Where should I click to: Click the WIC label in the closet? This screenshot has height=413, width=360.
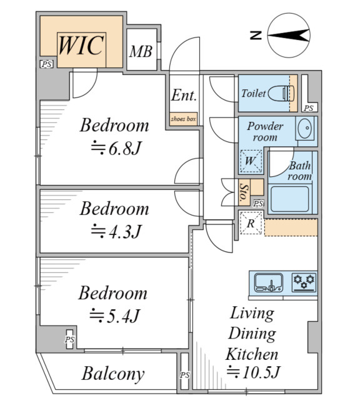click(81, 46)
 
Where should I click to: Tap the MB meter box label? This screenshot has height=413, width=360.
click(141, 51)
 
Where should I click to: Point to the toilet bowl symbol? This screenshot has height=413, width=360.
click(281, 93)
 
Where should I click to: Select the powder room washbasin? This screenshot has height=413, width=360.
click(304, 128)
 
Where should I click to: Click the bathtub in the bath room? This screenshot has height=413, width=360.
click(289, 199)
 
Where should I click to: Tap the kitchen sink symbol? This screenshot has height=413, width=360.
click(269, 283)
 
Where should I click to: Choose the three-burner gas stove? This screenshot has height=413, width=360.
click(304, 282)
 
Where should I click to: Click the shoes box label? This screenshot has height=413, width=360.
click(183, 119)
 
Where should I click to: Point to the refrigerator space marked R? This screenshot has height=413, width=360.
click(251, 223)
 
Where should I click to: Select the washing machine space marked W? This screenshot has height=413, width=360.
click(251, 161)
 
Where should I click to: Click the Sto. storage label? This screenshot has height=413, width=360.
click(244, 192)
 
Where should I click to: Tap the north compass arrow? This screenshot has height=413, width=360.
click(288, 35)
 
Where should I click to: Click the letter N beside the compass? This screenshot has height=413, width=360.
click(256, 35)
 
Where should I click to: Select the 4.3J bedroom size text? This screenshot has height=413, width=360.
click(116, 231)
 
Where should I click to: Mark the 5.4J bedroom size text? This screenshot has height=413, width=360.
click(114, 316)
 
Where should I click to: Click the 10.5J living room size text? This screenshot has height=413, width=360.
click(253, 372)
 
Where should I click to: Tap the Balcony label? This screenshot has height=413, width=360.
click(113, 374)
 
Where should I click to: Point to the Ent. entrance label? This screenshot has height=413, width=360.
click(184, 96)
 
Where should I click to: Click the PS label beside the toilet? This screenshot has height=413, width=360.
click(308, 108)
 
